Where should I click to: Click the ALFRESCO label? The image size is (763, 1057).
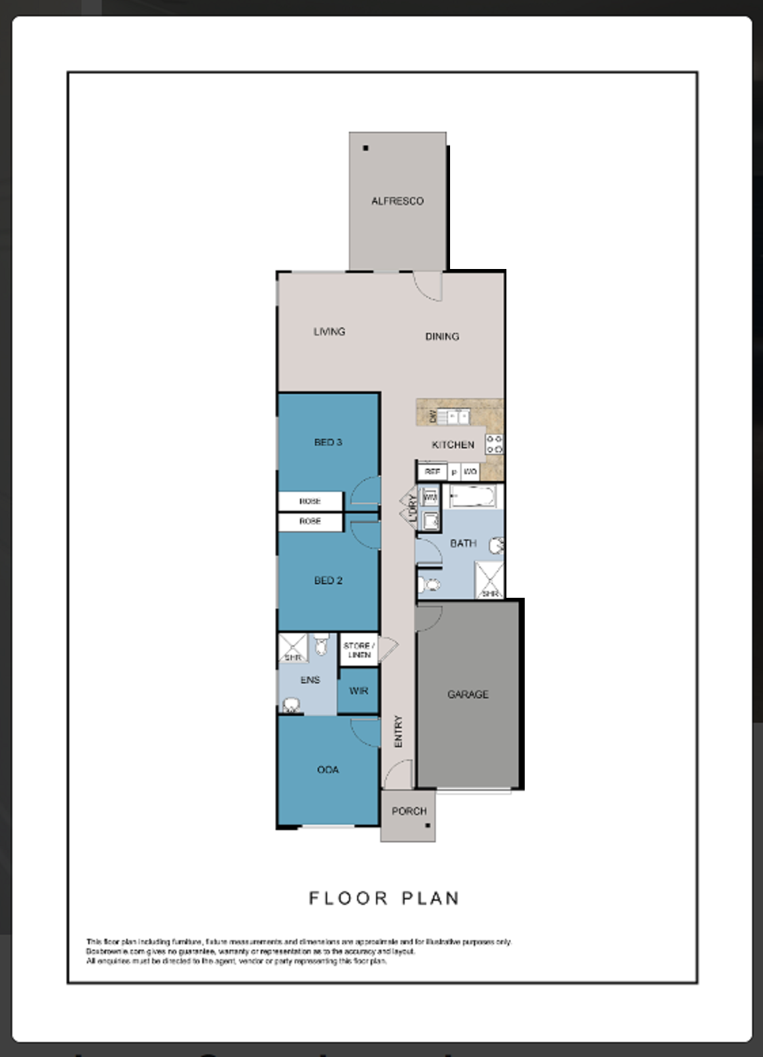(397, 201)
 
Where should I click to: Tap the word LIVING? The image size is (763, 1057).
(329, 332)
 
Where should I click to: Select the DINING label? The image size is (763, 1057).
(442, 336)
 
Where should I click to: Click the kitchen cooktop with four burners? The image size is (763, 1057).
(494, 444)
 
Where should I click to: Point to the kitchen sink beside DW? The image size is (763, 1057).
(453, 416)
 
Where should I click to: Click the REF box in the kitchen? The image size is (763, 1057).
(432, 471)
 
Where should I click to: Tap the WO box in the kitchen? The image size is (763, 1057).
(470, 471)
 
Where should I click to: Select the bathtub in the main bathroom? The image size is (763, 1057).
(473, 497)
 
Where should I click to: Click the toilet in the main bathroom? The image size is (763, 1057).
(430, 584)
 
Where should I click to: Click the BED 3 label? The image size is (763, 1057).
(328, 442)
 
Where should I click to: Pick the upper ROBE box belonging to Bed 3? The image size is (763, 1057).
(310, 501)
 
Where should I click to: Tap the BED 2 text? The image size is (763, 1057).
(328, 581)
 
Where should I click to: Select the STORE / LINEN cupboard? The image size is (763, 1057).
(358, 650)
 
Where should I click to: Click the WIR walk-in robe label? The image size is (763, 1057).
(358, 691)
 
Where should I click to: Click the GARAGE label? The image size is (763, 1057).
(468, 694)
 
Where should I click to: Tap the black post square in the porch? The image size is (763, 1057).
(428, 826)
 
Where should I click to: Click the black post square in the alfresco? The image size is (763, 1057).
(366, 147)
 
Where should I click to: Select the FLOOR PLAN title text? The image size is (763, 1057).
(384, 898)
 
